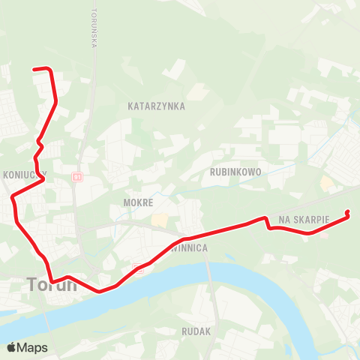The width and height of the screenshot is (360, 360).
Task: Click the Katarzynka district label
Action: coord(156,106)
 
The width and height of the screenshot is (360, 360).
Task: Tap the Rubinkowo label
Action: coord(235,172)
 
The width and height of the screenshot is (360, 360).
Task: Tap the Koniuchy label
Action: coord(24,173)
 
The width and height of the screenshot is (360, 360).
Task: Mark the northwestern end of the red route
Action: coord(34,69)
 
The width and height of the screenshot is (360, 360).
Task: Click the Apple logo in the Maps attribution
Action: coord(11,347)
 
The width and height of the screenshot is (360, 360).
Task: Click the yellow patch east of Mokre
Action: coord(160,220)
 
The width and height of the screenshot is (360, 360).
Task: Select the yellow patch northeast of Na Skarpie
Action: coord(327,182)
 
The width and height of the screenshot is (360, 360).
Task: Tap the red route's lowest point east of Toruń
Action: coord(98,291)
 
